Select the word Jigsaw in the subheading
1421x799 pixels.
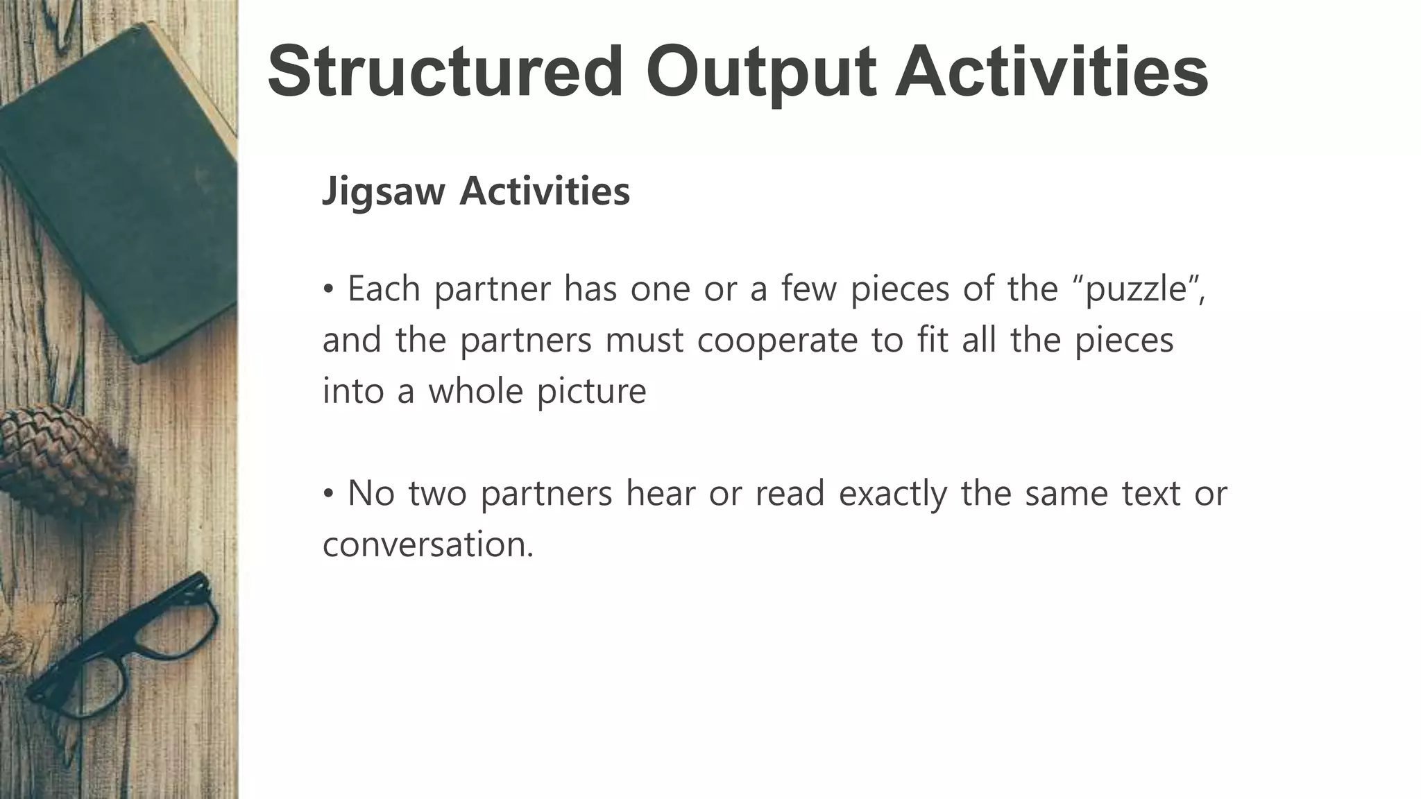(383, 192)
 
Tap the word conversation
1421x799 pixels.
(427, 544)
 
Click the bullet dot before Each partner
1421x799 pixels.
(329, 289)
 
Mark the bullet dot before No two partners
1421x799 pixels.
(329, 494)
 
